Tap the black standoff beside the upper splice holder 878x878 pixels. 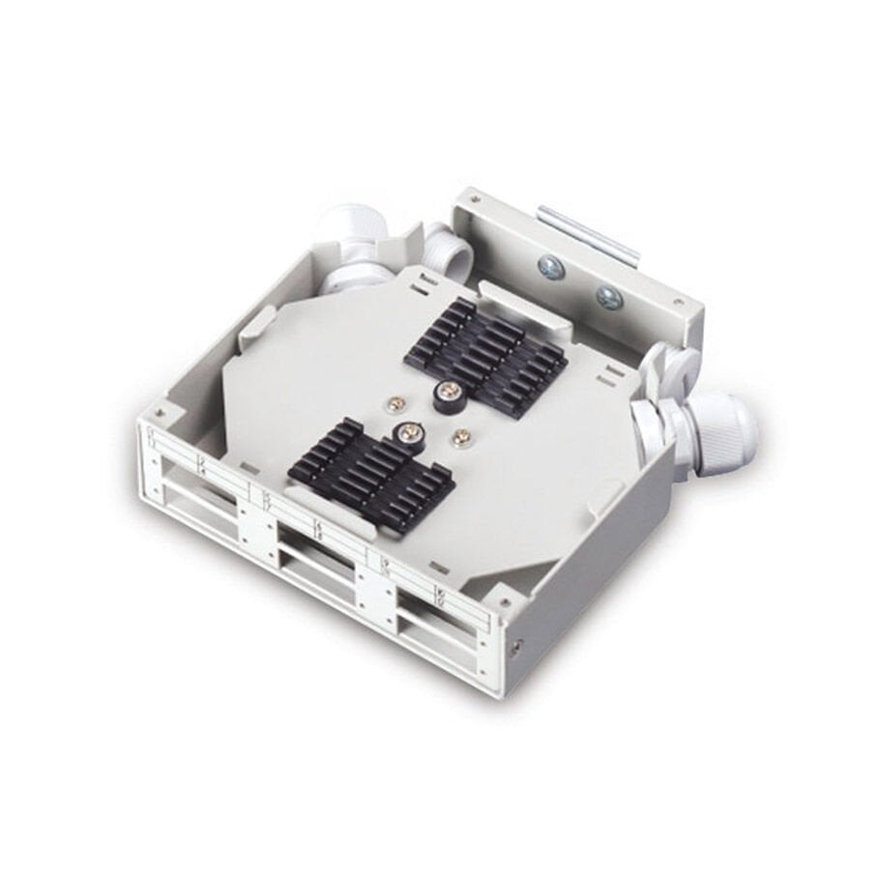(x=449, y=393)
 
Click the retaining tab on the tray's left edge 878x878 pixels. (x=252, y=323)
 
